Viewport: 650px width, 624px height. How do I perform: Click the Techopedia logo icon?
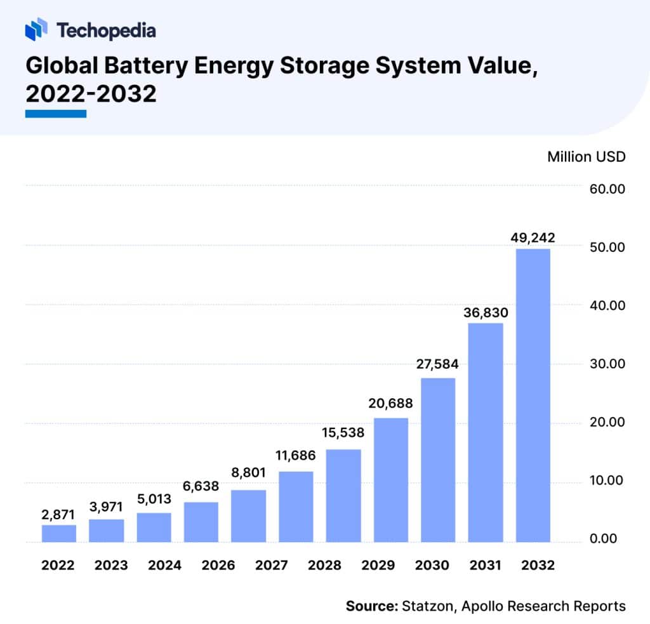tap(36, 29)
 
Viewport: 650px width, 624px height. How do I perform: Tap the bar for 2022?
tap(59, 533)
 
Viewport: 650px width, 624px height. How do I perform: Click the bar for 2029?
tap(391, 480)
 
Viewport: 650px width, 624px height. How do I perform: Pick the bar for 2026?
tap(201, 522)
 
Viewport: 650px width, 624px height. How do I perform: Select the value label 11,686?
tap(296, 455)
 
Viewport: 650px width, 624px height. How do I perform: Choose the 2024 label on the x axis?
tap(154, 566)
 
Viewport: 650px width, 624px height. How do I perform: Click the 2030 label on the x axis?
tap(438, 566)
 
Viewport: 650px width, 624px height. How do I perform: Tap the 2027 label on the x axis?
tap(248, 566)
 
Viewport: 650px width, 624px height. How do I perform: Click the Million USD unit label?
tap(586, 157)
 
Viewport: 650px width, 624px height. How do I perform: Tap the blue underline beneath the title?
tap(56, 114)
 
